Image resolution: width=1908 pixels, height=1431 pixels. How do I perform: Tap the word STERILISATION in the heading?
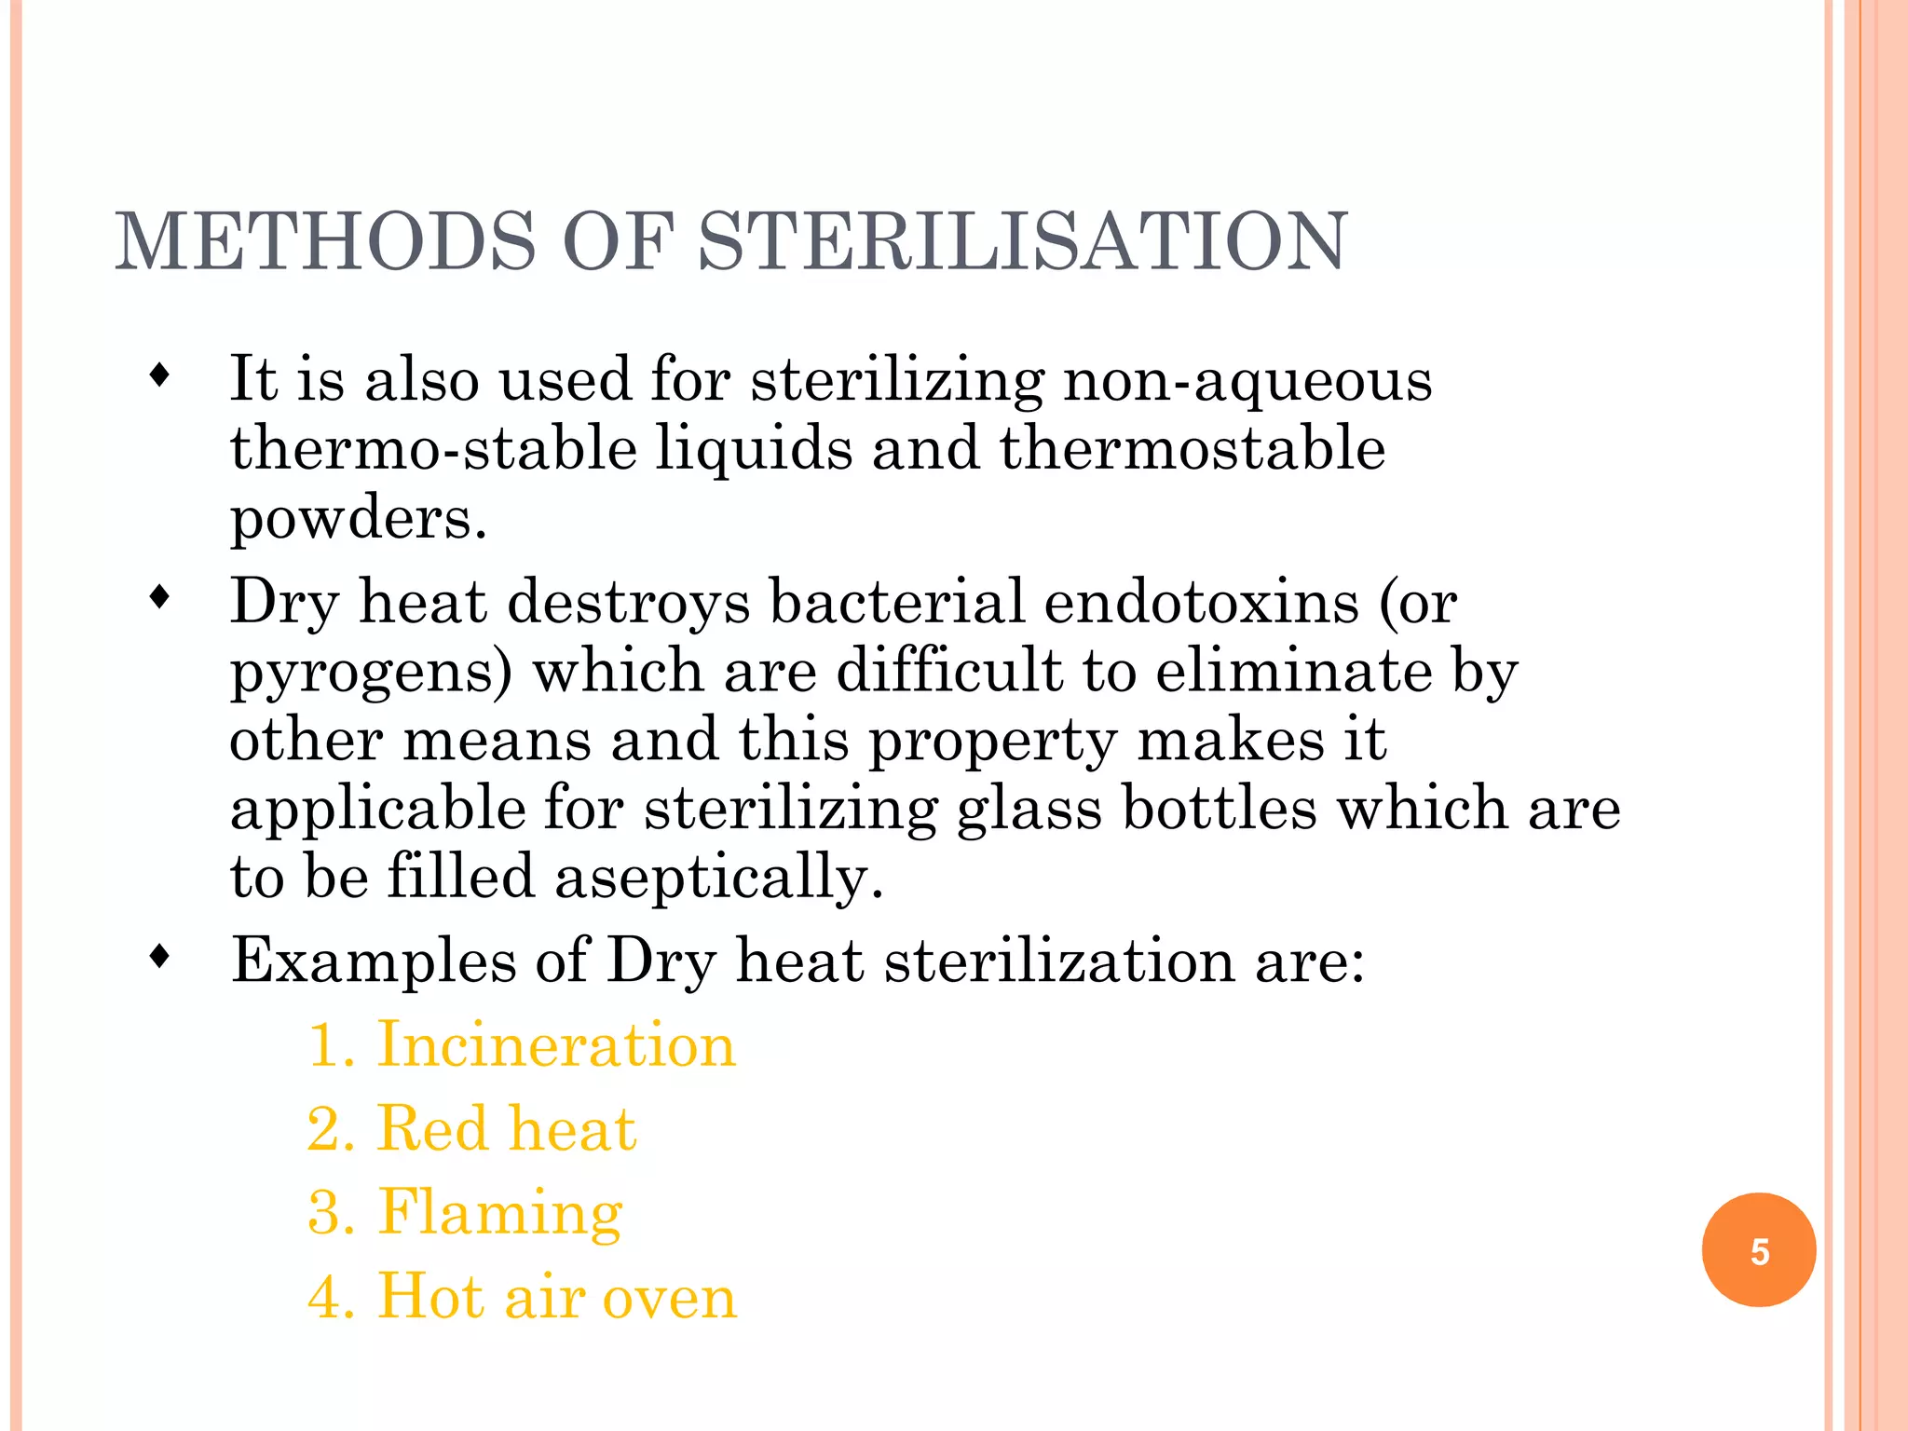(1022, 241)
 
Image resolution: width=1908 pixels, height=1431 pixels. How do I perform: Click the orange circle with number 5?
(1758, 1250)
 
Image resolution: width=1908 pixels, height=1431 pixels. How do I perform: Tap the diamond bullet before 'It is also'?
(160, 376)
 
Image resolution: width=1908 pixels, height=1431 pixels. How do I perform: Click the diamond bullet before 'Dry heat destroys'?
(160, 597)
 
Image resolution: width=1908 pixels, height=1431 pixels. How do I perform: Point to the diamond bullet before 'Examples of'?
(160, 956)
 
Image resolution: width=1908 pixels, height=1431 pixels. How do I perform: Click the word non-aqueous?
(1247, 381)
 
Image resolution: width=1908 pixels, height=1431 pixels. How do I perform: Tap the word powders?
(358, 518)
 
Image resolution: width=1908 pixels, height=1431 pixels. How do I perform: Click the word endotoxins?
(1201, 601)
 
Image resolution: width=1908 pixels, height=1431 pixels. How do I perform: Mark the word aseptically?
(718, 879)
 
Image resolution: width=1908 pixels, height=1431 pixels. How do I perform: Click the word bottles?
(1220, 808)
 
